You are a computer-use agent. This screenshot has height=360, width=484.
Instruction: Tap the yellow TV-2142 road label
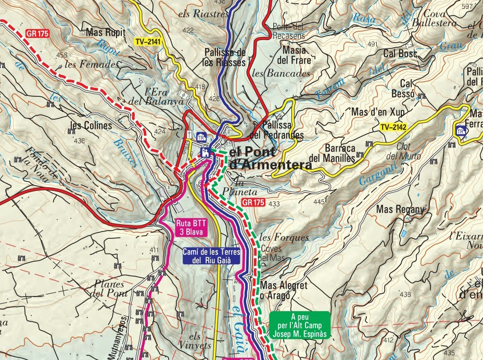click(x=392, y=127)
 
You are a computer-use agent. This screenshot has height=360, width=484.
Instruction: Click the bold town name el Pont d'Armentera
click(x=271, y=159)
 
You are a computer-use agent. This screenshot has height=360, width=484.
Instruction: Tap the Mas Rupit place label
click(x=106, y=33)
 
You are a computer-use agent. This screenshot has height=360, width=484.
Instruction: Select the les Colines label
click(x=91, y=125)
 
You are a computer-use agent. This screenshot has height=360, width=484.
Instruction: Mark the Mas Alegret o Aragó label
click(x=284, y=290)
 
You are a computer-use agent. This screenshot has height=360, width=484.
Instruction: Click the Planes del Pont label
click(x=109, y=288)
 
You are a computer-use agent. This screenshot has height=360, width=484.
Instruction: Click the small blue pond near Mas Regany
click(x=404, y=234)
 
